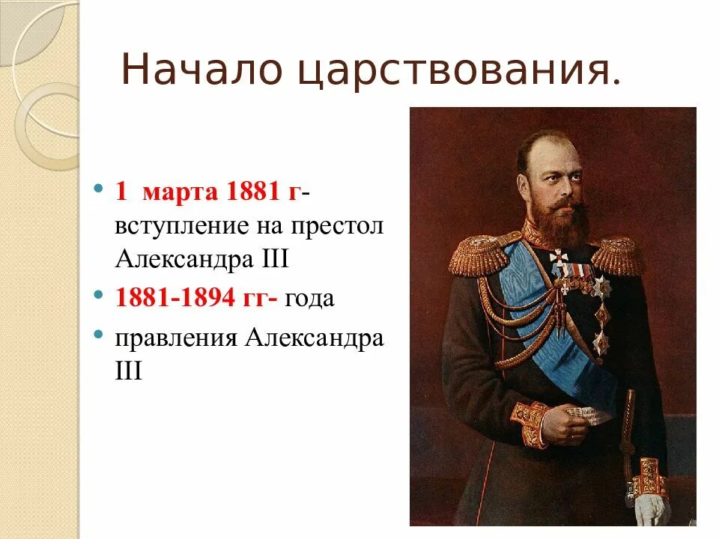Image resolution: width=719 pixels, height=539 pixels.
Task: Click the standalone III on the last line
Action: (128, 371)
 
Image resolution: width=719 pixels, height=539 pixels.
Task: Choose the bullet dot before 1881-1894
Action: (99, 296)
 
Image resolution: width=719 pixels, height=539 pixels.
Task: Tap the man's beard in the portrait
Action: (563, 217)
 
